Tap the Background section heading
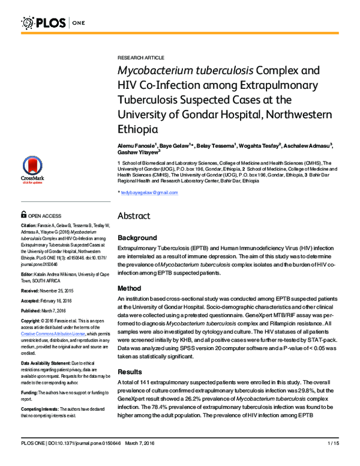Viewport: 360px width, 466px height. (x=137, y=238)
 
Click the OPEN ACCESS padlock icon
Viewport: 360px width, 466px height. (x=23, y=214)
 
